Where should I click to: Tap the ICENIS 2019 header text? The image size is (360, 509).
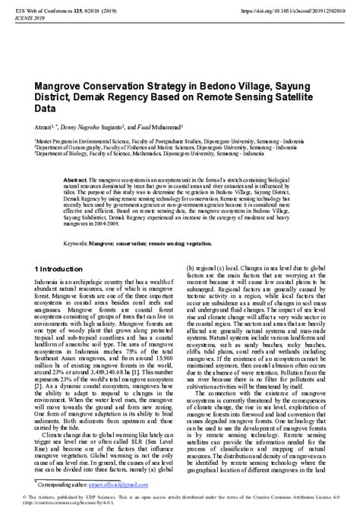click(x=28, y=20)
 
